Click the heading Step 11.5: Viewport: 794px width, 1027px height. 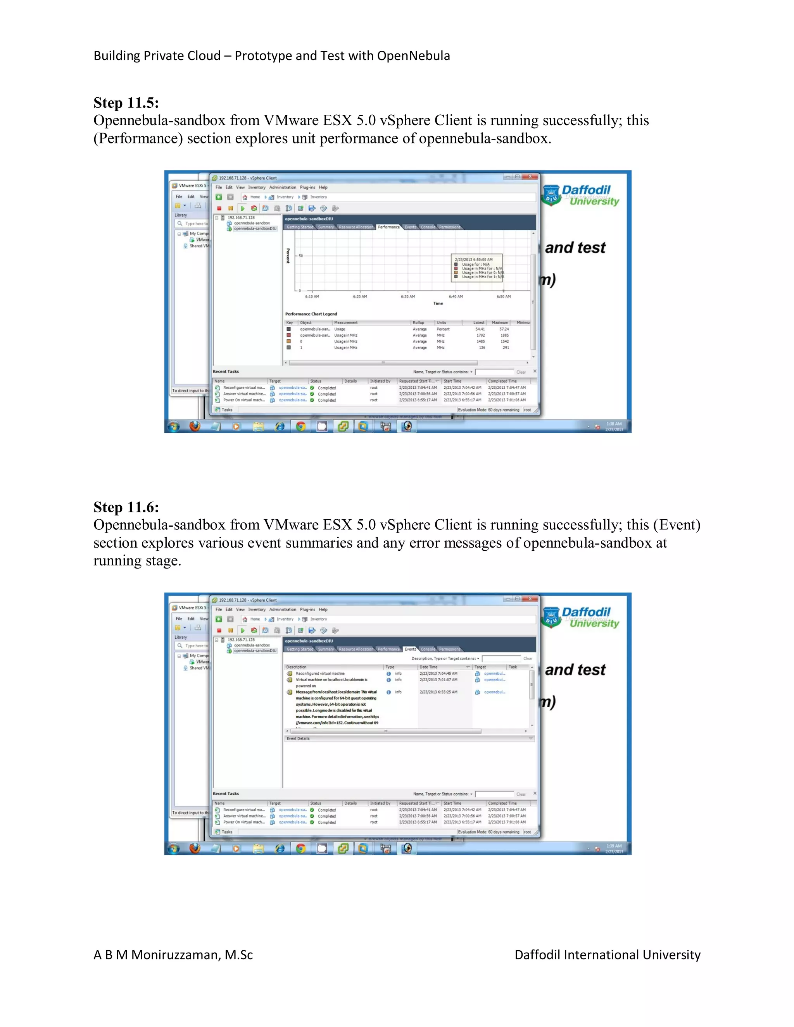(126, 103)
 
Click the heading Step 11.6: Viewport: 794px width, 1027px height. (126, 507)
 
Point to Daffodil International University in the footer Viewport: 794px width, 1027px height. (607, 955)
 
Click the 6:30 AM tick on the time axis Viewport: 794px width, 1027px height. (408, 297)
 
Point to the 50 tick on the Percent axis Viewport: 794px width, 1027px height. (300, 256)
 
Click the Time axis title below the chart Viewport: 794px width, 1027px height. (438, 303)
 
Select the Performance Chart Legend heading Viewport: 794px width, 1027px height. (311, 314)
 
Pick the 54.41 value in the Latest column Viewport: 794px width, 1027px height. (480, 329)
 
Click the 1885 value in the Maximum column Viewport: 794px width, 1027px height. (504, 335)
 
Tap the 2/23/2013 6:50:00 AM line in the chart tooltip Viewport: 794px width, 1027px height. (474, 260)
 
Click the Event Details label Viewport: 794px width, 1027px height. (298, 739)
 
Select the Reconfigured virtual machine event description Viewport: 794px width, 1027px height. (320, 674)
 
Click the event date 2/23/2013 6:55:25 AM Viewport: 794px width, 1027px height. (438, 692)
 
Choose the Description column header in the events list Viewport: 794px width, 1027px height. (296, 667)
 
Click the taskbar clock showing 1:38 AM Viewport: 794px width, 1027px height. (614, 424)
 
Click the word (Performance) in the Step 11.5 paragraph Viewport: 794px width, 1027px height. (138, 139)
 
